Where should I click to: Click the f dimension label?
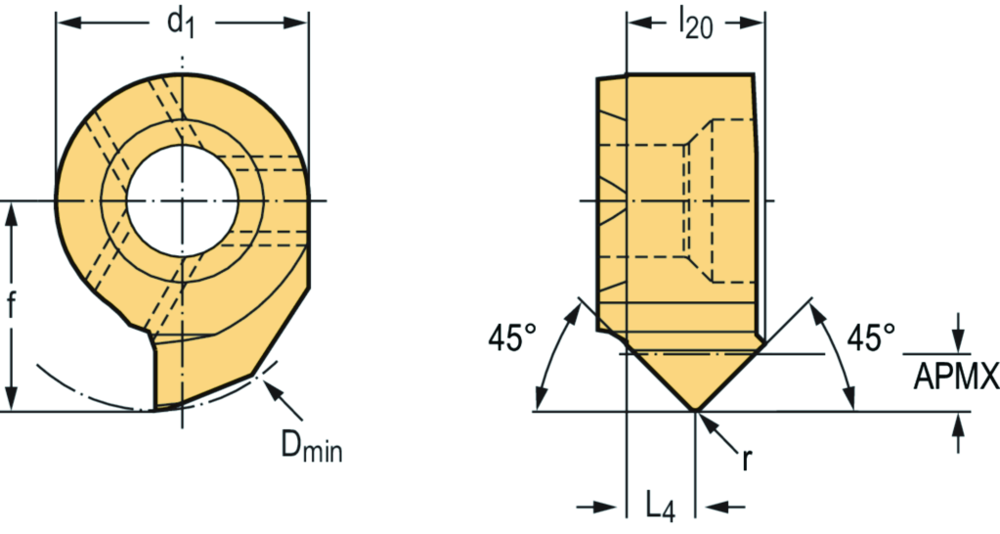tap(12, 306)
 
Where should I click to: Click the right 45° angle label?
tap(870, 338)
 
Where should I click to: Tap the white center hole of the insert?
tap(183, 201)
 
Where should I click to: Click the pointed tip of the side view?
tap(694, 410)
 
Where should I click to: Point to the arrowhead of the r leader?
tap(702, 419)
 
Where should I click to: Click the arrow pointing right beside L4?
tap(616, 506)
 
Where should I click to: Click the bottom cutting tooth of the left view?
tap(171, 381)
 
